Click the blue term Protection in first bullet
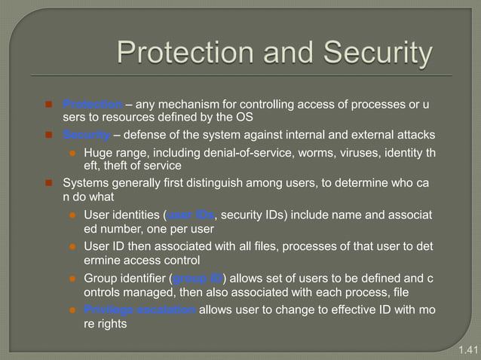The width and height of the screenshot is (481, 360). pos(92,104)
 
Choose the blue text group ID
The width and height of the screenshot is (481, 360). pos(198,277)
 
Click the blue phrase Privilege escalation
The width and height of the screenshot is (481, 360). pos(139,309)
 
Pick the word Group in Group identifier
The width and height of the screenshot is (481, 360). pos(100,277)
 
